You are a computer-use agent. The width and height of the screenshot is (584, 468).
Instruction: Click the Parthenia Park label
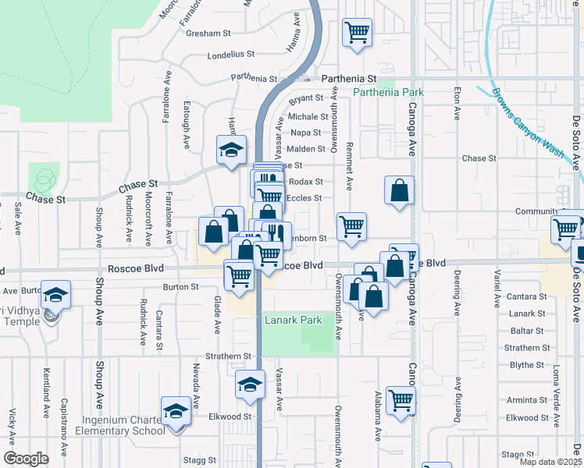click(x=388, y=92)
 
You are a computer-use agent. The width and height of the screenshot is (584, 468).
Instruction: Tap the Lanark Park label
click(x=294, y=321)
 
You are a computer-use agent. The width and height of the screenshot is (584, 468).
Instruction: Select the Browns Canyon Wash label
click(x=528, y=123)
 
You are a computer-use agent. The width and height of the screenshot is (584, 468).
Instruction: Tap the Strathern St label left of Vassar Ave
click(x=228, y=356)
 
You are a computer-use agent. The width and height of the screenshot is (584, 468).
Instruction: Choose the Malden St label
click(x=305, y=149)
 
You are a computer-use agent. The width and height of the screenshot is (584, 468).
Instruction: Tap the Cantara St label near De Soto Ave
click(x=525, y=297)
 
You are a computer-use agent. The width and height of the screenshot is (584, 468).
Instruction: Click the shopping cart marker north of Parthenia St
click(x=358, y=34)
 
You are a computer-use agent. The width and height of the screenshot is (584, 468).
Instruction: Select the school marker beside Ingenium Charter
click(x=176, y=412)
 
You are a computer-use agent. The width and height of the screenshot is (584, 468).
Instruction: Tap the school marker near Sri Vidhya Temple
click(x=55, y=296)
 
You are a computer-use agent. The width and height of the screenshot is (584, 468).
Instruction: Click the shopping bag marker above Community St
click(x=399, y=190)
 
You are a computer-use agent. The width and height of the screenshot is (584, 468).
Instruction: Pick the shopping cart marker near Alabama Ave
click(x=401, y=401)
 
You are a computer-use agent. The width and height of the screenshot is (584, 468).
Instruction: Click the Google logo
click(x=26, y=459)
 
